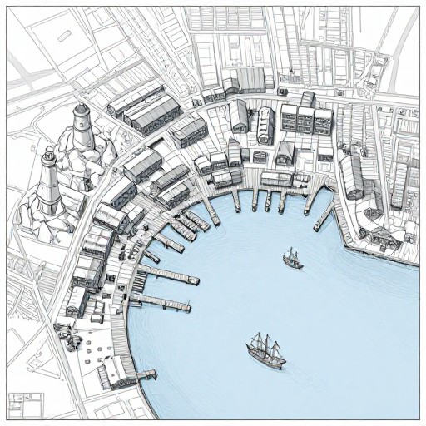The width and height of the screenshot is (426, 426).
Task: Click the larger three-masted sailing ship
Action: pos(266,350)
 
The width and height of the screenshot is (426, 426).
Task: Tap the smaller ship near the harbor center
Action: pos(292,259)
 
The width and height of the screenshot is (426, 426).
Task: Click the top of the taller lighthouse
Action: pos(81,110)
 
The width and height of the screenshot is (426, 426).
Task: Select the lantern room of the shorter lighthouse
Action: pos(50,155)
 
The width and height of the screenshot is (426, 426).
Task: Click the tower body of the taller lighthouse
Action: pos(81,133)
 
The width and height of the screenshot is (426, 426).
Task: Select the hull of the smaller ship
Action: pos(292,264)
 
